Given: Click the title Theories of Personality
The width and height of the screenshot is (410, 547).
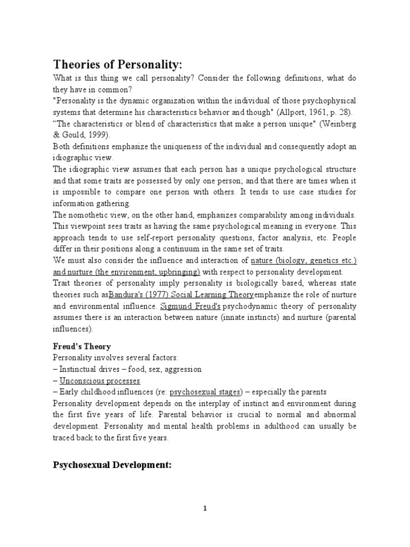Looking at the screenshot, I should tap(118, 65).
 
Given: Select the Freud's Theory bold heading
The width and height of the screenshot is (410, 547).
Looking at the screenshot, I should tap(82, 346).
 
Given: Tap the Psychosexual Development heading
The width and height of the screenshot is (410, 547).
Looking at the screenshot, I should tap(112, 465).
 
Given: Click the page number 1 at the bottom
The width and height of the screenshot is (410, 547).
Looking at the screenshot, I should tap(205, 508).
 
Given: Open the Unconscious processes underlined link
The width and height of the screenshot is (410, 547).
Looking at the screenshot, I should tap(100, 381).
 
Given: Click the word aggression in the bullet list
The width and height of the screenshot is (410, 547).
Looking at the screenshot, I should tap(184, 369).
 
